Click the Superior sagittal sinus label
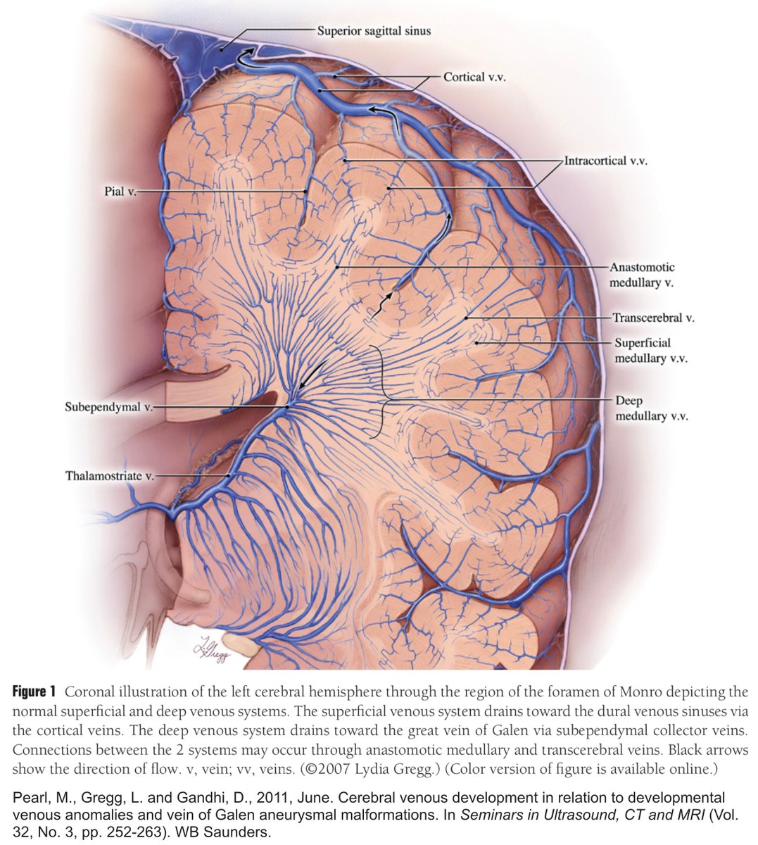(x=373, y=31)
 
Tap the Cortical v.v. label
(x=474, y=77)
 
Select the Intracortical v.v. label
(x=605, y=161)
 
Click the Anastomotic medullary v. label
(x=642, y=275)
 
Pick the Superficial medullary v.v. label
(x=650, y=351)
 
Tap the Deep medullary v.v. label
(x=651, y=408)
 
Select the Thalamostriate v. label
(x=110, y=476)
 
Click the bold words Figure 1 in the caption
(x=33, y=692)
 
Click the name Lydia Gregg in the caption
(x=395, y=768)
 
